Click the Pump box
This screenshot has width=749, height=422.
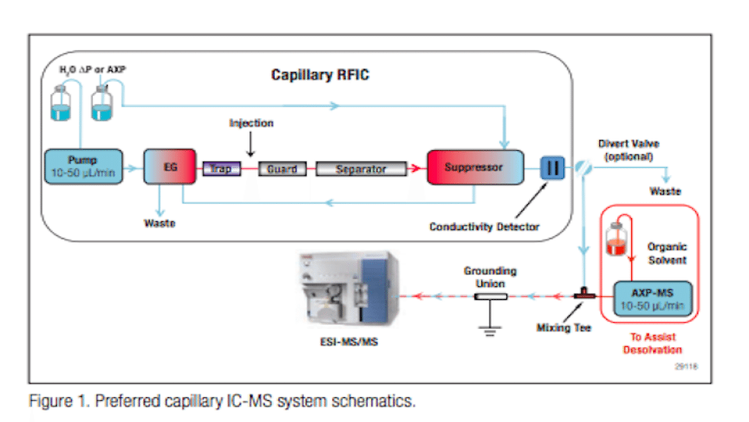pos(83,166)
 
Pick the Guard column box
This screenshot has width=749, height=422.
pos(282,168)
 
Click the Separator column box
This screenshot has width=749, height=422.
pos(361,168)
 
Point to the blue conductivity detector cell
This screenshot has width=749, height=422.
pos(552,167)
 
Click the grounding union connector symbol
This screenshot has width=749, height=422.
pos(491,297)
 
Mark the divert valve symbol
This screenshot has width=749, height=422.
pos(581,166)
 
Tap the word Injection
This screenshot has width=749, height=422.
pos(251,123)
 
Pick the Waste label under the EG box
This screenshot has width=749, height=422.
pos(159,224)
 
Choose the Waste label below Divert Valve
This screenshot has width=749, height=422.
pos(665,191)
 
